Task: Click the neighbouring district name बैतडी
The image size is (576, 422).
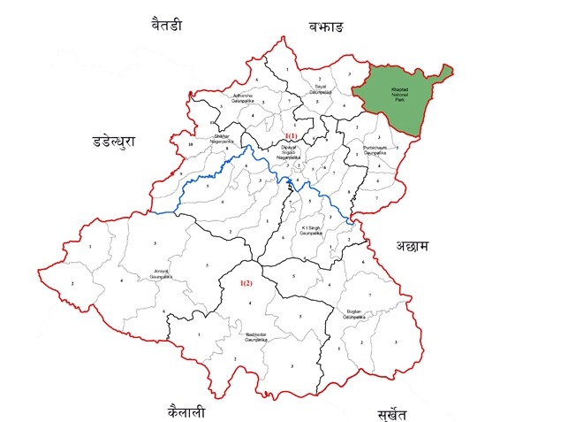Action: tap(166, 26)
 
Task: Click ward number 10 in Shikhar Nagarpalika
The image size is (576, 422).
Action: tap(190, 144)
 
